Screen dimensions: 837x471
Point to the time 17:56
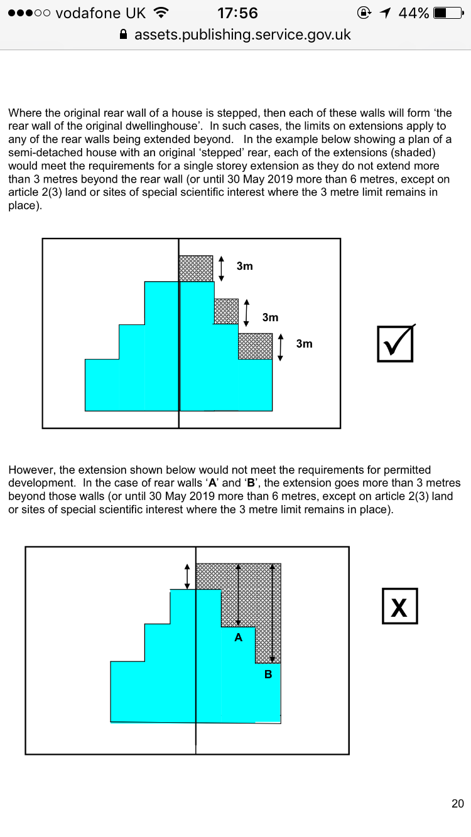237,13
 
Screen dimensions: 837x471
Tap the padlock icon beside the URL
124,35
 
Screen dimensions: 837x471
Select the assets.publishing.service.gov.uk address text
242,35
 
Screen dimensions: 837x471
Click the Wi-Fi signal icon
161,13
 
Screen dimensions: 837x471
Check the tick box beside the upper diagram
395,343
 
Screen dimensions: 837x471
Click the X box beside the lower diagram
399,606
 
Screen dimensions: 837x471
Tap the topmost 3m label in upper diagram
245,266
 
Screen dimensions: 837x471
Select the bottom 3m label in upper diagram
304,344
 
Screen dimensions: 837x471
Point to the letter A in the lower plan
238,637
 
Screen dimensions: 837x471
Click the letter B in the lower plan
268,675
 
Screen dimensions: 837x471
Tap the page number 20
457,804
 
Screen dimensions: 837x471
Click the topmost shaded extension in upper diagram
196,269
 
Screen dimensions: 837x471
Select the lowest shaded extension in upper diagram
255,346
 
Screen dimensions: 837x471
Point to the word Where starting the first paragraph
25,114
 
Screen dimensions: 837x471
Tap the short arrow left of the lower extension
187,575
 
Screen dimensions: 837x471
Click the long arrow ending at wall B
271,612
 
